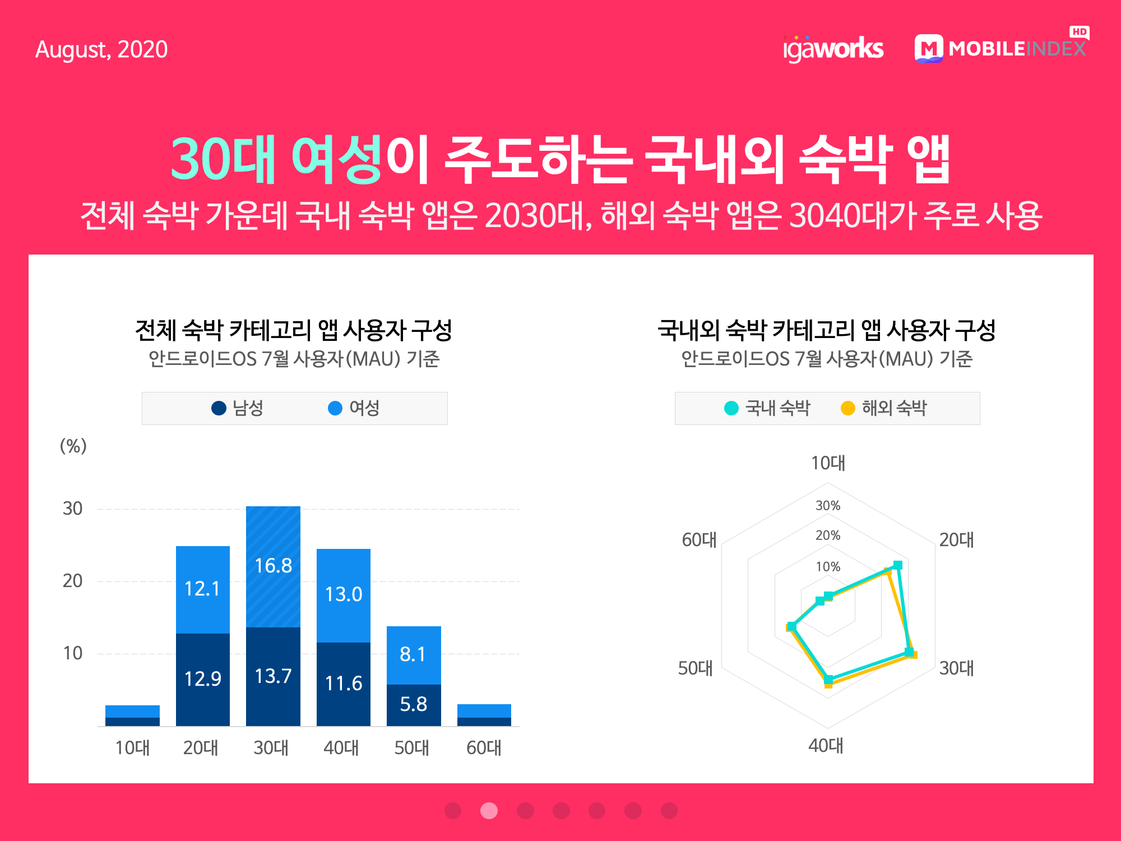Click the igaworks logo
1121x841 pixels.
tap(833, 49)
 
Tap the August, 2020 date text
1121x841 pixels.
tap(101, 50)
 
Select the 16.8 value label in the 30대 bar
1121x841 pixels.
tap(273, 566)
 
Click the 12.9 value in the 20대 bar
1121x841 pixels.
tap(203, 679)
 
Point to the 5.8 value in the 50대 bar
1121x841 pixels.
tap(414, 704)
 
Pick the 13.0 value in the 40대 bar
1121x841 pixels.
tap(344, 594)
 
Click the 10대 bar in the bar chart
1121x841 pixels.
tap(132, 715)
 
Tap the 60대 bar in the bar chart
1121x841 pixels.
tap(484, 715)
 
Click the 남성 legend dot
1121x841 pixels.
tap(219, 408)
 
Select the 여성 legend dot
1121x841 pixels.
tap(335, 408)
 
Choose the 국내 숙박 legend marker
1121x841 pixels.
tap(731, 408)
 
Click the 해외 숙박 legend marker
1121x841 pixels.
tap(848, 408)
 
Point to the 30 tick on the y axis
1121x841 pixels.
tap(73, 509)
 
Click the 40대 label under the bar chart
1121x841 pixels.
tap(341, 748)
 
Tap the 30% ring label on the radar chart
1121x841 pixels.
tap(828, 506)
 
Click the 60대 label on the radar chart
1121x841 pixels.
tap(699, 540)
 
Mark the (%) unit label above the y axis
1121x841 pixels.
tap(73, 446)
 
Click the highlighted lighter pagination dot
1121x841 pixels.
tap(489, 811)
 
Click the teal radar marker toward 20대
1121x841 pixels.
tap(898, 565)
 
